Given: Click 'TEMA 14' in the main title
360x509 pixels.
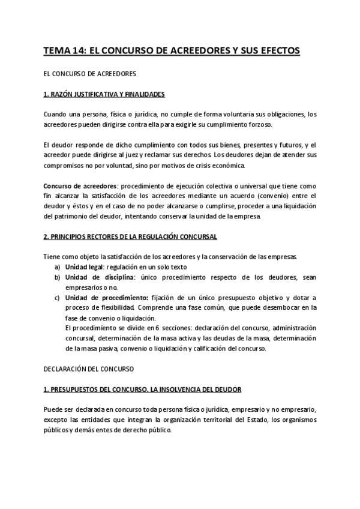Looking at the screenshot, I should click(x=64, y=52).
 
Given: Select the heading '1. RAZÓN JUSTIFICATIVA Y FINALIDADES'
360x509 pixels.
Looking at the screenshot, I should click(x=104, y=95).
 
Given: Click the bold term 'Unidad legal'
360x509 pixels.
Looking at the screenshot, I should click(x=83, y=267).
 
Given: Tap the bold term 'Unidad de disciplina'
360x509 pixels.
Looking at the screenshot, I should click(x=100, y=277).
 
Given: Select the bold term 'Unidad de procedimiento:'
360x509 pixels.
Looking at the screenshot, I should click(x=106, y=298).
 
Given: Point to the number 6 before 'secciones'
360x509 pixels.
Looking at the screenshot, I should click(x=157, y=328).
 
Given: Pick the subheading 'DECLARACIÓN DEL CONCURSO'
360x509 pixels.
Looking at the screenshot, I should click(x=89, y=367).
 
